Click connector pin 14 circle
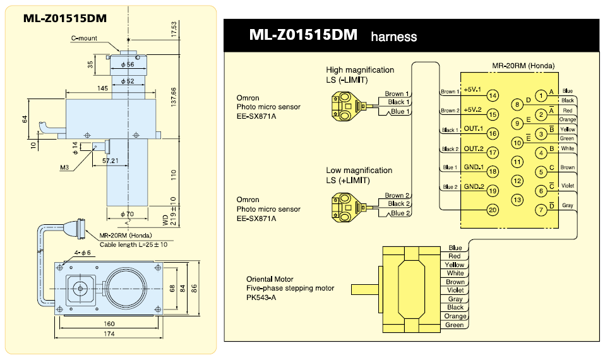click(x=493, y=95)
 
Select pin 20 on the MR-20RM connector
click(x=493, y=209)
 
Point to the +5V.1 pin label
click(x=472, y=90)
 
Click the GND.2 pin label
click(x=473, y=187)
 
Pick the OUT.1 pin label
click(x=473, y=129)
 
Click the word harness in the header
click(x=393, y=37)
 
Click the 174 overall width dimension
click(x=111, y=333)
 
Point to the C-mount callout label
click(x=84, y=38)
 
